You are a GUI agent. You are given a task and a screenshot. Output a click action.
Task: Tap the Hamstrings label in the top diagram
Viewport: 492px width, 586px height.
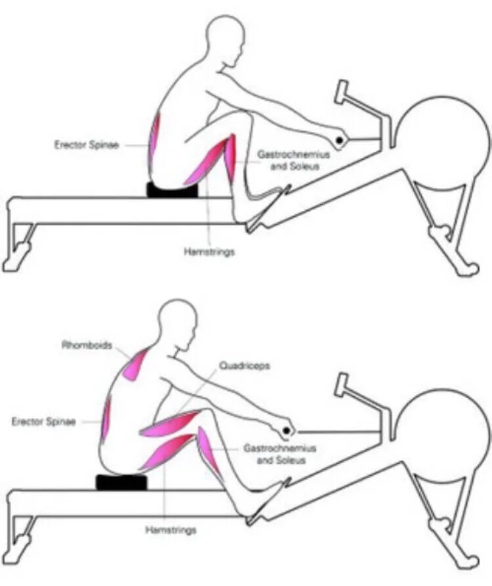[x=209, y=251]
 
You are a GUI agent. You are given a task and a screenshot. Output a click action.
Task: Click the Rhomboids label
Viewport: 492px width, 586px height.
[x=87, y=344]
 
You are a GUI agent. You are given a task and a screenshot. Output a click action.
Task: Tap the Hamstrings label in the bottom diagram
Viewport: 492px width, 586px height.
[x=171, y=529]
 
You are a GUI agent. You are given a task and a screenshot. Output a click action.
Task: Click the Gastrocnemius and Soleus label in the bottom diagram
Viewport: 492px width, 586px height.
[x=280, y=454]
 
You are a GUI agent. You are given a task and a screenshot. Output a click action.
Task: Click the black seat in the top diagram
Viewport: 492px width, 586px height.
[x=172, y=191]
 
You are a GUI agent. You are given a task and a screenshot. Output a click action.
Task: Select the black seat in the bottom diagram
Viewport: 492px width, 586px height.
[x=122, y=483]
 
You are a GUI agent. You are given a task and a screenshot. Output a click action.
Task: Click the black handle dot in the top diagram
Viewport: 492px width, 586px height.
[x=340, y=140]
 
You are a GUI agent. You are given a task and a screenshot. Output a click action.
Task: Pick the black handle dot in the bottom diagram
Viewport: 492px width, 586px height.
[x=287, y=431]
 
